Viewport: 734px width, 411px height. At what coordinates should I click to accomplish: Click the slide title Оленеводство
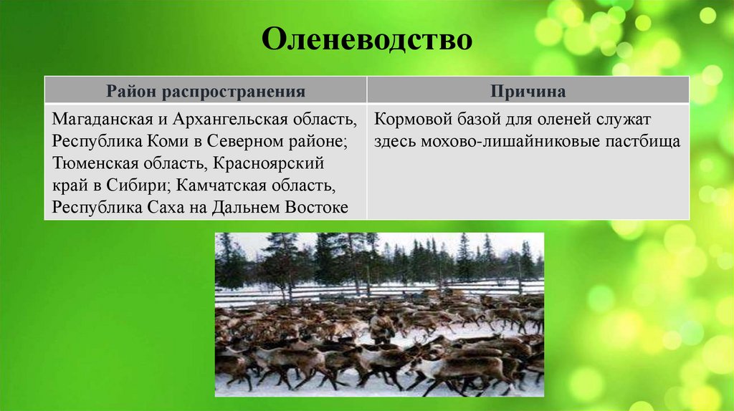[x=366, y=39]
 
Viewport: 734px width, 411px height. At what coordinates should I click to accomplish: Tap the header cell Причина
[x=528, y=92]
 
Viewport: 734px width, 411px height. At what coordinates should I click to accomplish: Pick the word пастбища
[x=642, y=140]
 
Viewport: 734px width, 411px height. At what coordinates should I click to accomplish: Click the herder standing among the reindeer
[x=382, y=329]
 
